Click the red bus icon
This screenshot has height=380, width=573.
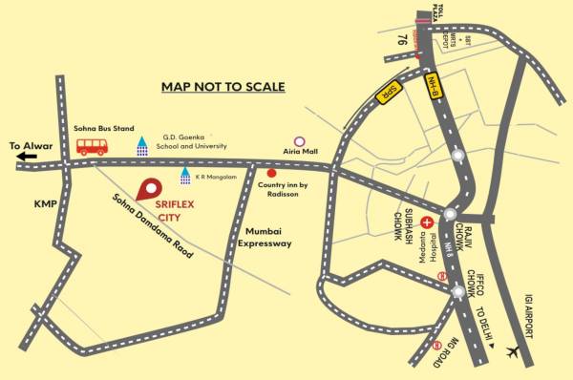pos(92,146)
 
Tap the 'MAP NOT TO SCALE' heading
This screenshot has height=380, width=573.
pos(223,87)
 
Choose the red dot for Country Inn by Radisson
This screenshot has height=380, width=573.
pos(271,174)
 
